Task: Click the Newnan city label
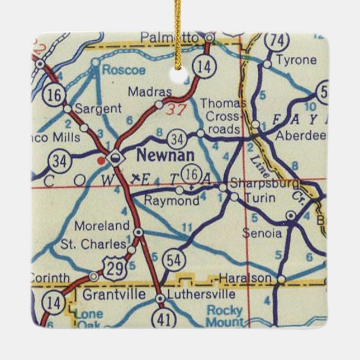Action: point(158,154)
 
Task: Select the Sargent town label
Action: point(97,108)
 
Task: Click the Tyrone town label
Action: point(296,60)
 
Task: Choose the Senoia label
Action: point(262,234)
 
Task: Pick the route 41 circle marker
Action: point(166,318)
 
